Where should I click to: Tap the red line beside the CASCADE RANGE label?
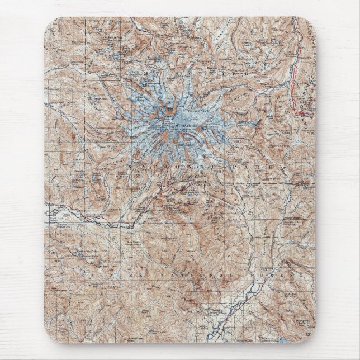click(295, 84)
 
